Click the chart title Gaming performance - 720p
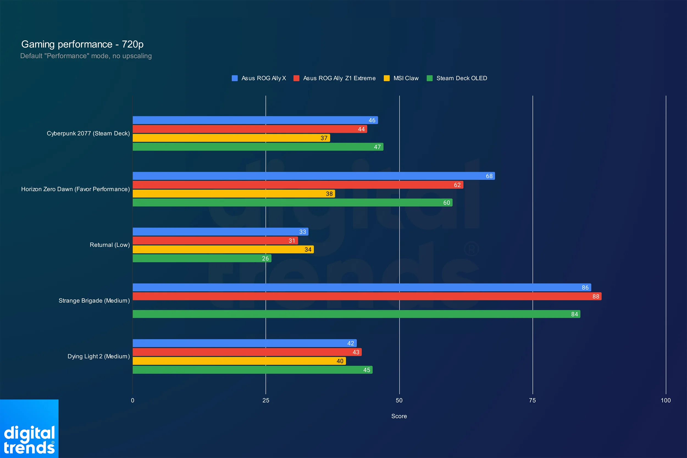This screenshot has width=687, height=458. click(x=82, y=45)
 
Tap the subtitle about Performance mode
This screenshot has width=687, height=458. click(x=86, y=56)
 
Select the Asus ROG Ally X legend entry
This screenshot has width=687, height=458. click(x=259, y=78)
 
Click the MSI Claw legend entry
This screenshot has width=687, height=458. click(x=401, y=78)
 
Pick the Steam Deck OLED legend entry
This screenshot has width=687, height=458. click(x=457, y=78)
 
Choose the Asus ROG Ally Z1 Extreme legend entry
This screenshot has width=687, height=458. click(x=334, y=78)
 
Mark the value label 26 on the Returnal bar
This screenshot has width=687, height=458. click(x=265, y=259)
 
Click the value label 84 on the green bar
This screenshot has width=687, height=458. click(x=574, y=314)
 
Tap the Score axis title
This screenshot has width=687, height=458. click(x=399, y=416)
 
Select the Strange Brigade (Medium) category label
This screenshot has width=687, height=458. click(x=94, y=301)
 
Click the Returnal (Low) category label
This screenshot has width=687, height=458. click(x=110, y=245)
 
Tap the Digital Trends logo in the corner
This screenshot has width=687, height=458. click(x=29, y=429)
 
